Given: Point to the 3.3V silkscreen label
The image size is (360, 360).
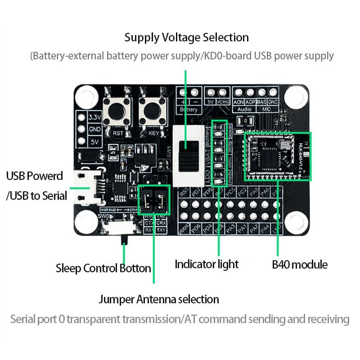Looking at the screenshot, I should pyautogui.click(x=94, y=118).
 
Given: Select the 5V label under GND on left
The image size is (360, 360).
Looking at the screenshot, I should pyautogui.click(x=94, y=141).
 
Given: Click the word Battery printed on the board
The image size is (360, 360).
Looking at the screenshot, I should pyautogui.click(x=189, y=109).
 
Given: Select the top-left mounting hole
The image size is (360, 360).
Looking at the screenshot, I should pyautogui.click(x=85, y=96).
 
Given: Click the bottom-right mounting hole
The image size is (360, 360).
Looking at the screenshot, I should pyautogui.click(x=296, y=222).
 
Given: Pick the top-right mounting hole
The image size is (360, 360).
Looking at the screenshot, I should pyautogui.click(x=296, y=96).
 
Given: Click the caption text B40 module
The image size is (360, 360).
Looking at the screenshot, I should pyautogui.click(x=300, y=264).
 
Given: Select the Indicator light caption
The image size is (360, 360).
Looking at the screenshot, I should pyautogui.click(x=207, y=264).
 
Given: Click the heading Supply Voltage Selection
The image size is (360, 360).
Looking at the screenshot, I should pyautogui.click(x=186, y=37).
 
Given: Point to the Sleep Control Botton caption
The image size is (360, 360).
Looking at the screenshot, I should pyautogui.click(x=103, y=269).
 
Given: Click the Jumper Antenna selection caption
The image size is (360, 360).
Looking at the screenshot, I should pyautogui.click(x=159, y=299).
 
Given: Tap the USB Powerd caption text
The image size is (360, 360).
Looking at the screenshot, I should pyautogui.click(x=35, y=176).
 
